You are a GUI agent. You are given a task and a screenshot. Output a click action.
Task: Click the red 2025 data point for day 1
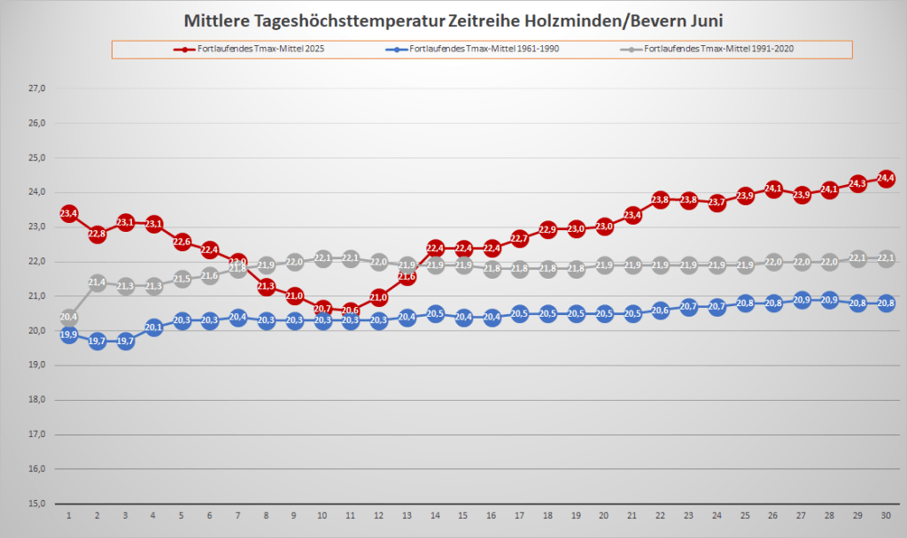point(69,213)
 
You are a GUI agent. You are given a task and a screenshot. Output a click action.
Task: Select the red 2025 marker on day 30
point(886,178)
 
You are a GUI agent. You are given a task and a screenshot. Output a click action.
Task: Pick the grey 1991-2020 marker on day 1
point(69,317)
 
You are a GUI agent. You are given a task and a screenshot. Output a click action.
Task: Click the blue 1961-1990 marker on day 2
point(97,341)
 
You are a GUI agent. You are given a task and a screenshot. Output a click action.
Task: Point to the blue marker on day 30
point(886,304)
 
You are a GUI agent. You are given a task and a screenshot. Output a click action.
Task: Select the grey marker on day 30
point(886,258)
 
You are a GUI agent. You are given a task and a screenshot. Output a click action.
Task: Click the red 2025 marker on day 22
point(660,199)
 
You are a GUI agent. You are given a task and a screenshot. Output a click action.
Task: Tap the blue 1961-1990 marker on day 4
point(153,327)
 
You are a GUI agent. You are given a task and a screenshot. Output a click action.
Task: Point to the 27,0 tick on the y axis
point(37,88)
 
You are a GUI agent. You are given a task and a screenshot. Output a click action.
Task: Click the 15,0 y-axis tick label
point(37,503)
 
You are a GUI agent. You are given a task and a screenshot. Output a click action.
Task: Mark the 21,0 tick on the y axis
point(37,296)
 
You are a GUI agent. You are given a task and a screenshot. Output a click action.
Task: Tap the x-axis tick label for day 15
point(463,515)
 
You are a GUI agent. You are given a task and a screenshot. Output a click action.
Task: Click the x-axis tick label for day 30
point(886,515)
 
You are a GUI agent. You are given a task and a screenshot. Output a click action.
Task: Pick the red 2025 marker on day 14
point(435,248)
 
